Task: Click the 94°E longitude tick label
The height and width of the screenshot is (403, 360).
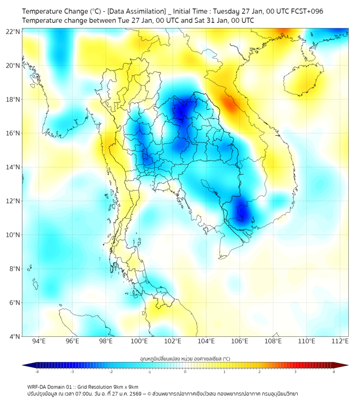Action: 39,341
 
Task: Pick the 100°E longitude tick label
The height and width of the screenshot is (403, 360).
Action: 140,341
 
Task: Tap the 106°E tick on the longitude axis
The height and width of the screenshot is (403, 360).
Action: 240,341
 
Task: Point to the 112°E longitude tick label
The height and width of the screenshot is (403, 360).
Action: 340,341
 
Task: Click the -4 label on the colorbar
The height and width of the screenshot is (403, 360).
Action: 36,372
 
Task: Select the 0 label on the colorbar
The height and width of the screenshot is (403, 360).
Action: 185,372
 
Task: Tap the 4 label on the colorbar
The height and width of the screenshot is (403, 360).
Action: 334,372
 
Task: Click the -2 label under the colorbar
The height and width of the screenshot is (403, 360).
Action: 111,372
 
